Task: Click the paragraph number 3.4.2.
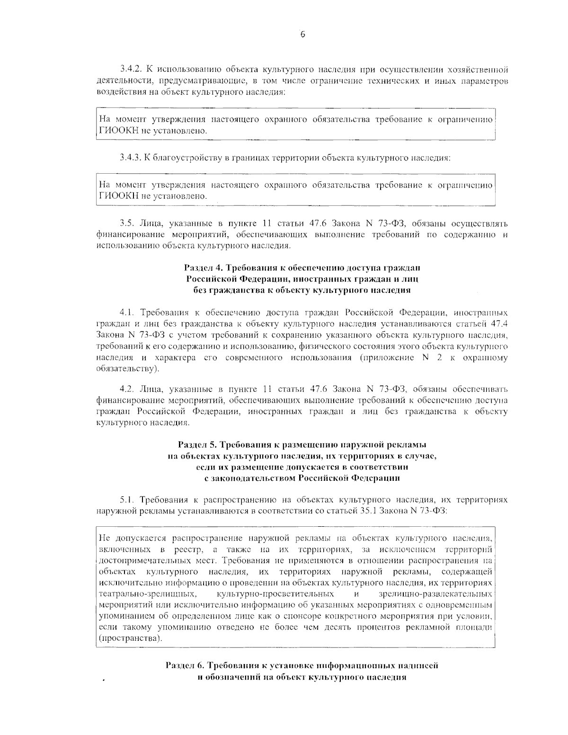point(131,71)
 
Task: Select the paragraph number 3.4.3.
point(131,158)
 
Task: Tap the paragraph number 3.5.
point(126,223)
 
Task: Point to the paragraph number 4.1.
point(125,313)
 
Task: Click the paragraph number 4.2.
point(126,389)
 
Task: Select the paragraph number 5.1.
point(125,499)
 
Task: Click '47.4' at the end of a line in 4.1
point(500,324)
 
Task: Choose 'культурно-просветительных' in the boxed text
point(275,593)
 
